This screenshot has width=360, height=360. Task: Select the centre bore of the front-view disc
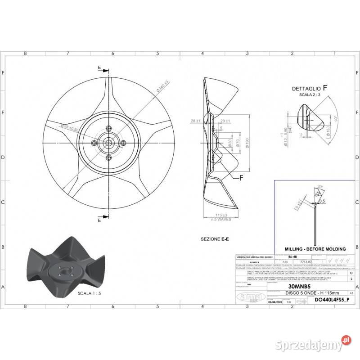108,142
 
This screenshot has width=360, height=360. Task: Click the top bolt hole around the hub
108,127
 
